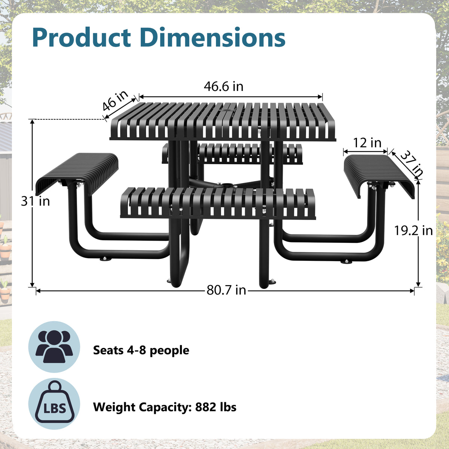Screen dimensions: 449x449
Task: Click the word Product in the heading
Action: click(81, 38)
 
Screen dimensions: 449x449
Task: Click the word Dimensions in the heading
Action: click(213, 37)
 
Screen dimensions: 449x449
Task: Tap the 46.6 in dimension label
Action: click(223, 86)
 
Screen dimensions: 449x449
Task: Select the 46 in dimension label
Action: click(115, 100)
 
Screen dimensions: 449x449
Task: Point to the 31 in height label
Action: click(36, 201)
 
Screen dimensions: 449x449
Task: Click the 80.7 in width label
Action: click(226, 290)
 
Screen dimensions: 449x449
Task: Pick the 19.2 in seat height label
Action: click(413, 231)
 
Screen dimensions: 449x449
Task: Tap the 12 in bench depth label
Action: click(367, 143)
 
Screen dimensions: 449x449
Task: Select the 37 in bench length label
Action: click(412, 164)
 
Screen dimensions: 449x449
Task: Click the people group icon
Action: click(54, 347)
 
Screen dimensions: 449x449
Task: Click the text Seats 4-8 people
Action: click(141, 350)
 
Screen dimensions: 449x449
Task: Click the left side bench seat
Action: click(77, 174)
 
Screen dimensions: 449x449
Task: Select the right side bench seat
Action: click(379, 176)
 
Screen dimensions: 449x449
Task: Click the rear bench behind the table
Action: click(232, 153)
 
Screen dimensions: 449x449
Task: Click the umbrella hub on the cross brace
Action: click(226, 185)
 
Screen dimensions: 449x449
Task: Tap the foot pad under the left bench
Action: click(106, 259)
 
